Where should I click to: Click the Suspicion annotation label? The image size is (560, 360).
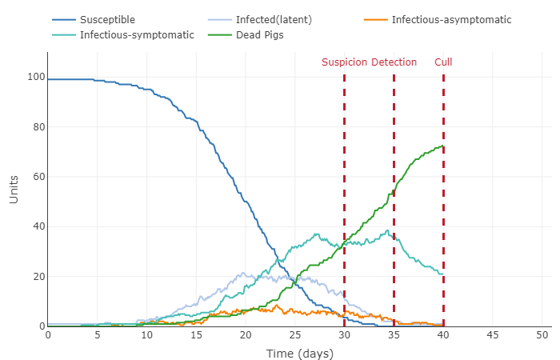coord(344,62)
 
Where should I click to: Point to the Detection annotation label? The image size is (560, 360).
coord(394,62)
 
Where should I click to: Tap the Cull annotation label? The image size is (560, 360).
coord(443,62)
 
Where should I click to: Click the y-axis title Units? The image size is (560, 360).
coord(14,190)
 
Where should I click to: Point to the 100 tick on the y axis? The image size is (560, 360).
coord(34,78)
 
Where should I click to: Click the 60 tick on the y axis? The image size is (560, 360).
coord(37,177)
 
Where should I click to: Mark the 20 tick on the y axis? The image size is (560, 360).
coord(37,277)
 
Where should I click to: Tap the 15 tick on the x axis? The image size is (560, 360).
coord(196,334)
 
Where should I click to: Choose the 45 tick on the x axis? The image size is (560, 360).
coord(494,334)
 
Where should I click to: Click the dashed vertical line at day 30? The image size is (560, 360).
coord(344,200)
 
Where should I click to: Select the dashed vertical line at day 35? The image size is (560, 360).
coord(394,200)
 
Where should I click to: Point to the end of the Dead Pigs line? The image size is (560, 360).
coord(443,147)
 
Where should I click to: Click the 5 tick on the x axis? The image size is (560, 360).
coord(97,334)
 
